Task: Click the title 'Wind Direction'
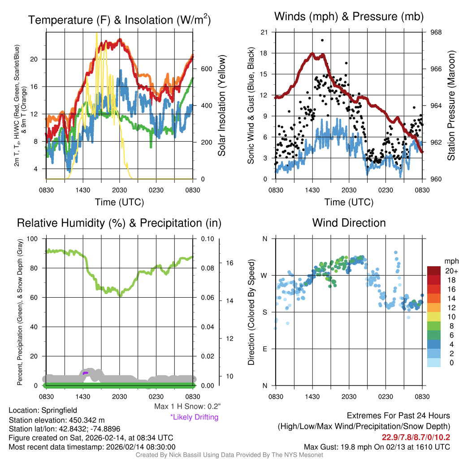[x=349, y=223]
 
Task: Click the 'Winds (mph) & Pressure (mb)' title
[x=349, y=17]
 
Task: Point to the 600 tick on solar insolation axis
[x=206, y=69]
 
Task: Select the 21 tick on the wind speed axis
[x=264, y=32]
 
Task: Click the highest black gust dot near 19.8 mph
[x=322, y=40]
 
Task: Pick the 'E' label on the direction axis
[x=264, y=349]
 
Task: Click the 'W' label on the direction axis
[x=264, y=275]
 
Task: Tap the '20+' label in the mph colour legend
[x=451, y=271]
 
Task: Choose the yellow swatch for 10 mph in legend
[x=434, y=316]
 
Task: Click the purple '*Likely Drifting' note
[x=194, y=417]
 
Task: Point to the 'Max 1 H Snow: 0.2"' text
[x=186, y=407]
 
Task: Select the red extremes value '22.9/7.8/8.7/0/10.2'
[x=416, y=437]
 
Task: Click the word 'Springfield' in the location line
[x=59, y=410]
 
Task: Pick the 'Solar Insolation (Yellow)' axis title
[x=222, y=106]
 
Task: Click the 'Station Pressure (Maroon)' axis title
[x=451, y=106]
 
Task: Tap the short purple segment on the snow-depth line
[x=85, y=372]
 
